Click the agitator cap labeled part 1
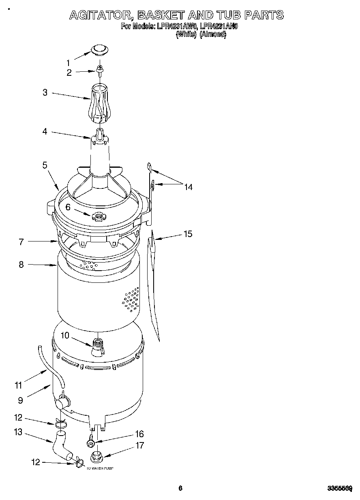click(x=99, y=49)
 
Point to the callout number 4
click(x=45, y=131)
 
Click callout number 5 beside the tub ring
click(x=45, y=165)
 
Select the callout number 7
click(x=21, y=242)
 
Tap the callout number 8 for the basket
click(x=21, y=265)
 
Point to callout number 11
click(x=18, y=385)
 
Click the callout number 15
click(x=188, y=234)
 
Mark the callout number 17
click(x=139, y=445)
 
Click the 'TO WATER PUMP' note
click(x=100, y=468)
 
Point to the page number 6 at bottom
click(x=180, y=488)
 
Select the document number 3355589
click(x=339, y=488)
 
